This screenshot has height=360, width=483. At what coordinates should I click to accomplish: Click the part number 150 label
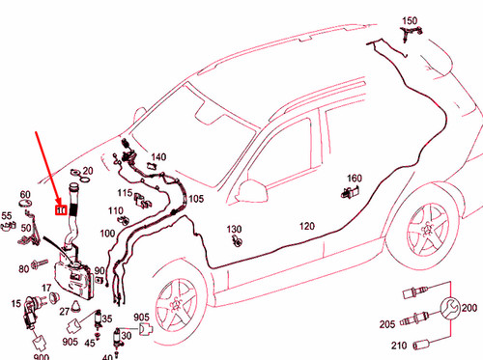(x=410, y=20)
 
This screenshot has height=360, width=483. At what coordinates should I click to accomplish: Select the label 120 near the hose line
(x=306, y=226)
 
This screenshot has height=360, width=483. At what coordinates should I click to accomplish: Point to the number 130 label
(x=235, y=229)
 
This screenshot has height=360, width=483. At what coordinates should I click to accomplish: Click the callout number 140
(x=158, y=156)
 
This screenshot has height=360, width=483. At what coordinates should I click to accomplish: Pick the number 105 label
(x=197, y=199)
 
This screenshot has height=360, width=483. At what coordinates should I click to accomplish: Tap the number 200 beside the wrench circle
(x=470, y=308)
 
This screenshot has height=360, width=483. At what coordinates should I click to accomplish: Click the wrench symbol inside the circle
(x=448, y=309)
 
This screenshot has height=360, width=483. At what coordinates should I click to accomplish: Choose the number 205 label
(x=385, y=323)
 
